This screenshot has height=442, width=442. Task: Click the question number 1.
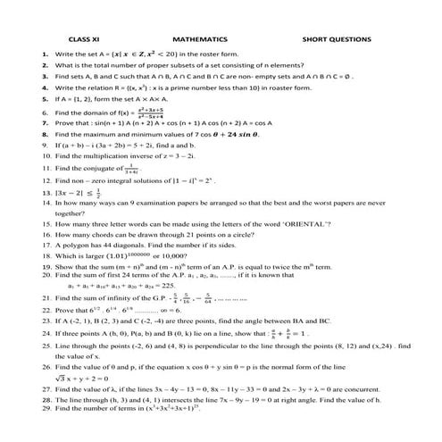click(45, 54)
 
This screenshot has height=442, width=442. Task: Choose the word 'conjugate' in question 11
click(105, 168)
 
